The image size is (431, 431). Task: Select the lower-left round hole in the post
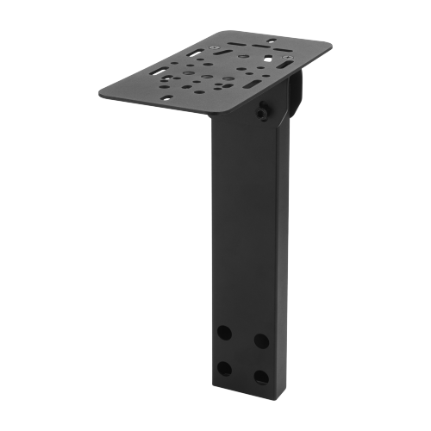point(224,369)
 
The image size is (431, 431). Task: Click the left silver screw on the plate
point(213,47)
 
